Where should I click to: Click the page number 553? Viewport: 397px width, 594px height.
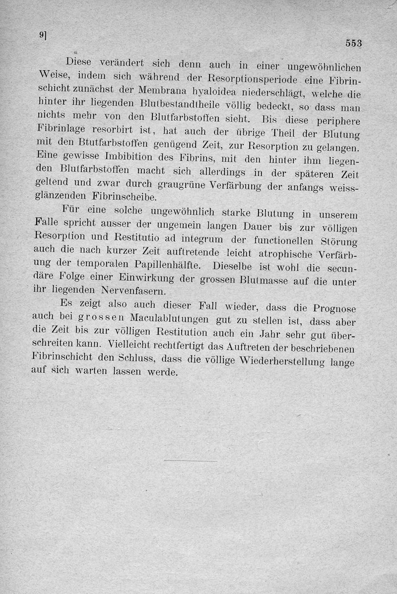(354, 43)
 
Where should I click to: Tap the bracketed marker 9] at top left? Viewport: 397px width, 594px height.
(43, 35)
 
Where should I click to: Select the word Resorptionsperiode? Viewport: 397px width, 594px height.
(252, 79)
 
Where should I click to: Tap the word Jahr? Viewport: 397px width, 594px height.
(267, 334)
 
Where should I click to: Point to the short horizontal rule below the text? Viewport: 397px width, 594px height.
(191, 461)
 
